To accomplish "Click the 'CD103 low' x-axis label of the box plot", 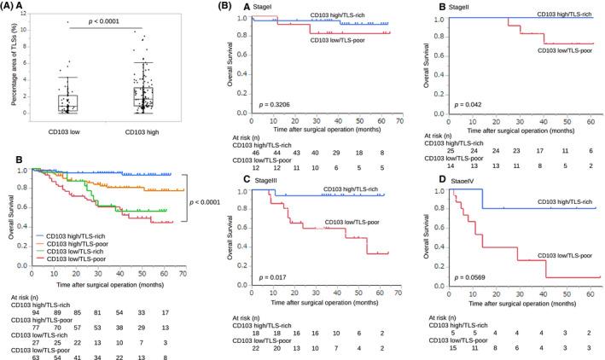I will [x=56, y=128].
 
